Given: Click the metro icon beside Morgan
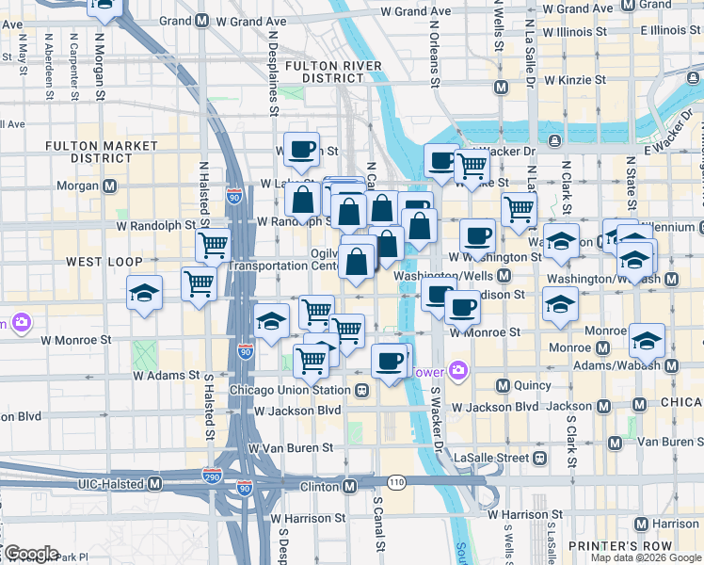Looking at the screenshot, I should (110, 185).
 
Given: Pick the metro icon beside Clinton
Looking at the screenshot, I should (349, 486).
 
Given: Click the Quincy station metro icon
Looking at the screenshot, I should (503, 385).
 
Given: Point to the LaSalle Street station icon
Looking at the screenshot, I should (539, 458).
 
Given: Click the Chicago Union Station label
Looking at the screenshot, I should (290, 390).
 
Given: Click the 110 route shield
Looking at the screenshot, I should (395, 482).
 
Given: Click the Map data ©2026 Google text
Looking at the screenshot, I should (646, 557).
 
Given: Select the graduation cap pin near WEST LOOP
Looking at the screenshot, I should (144, 293).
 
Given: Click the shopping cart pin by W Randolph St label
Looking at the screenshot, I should (214, 247).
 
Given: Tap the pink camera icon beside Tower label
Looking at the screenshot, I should (458, 369).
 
